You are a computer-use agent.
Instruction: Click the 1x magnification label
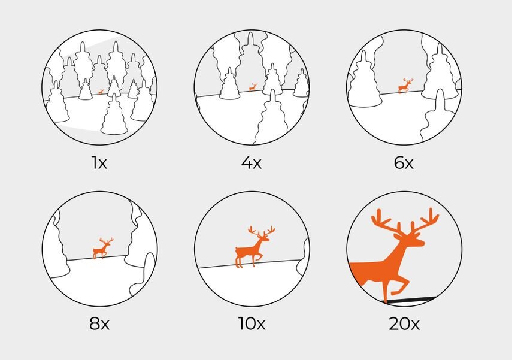99,162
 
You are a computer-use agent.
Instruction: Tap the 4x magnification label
252,162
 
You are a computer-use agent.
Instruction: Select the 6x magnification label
404,162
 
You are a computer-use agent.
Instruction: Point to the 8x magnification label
99,323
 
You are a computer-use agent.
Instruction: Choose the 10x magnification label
252,323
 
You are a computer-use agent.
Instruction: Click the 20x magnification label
404,323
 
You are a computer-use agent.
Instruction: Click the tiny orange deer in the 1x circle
101,92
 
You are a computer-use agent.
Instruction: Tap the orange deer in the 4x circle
253,87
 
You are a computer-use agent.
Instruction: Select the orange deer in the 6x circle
405,86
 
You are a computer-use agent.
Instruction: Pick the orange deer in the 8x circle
102,249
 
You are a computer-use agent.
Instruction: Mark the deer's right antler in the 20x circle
423,220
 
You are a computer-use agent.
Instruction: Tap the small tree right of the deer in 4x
272,80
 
